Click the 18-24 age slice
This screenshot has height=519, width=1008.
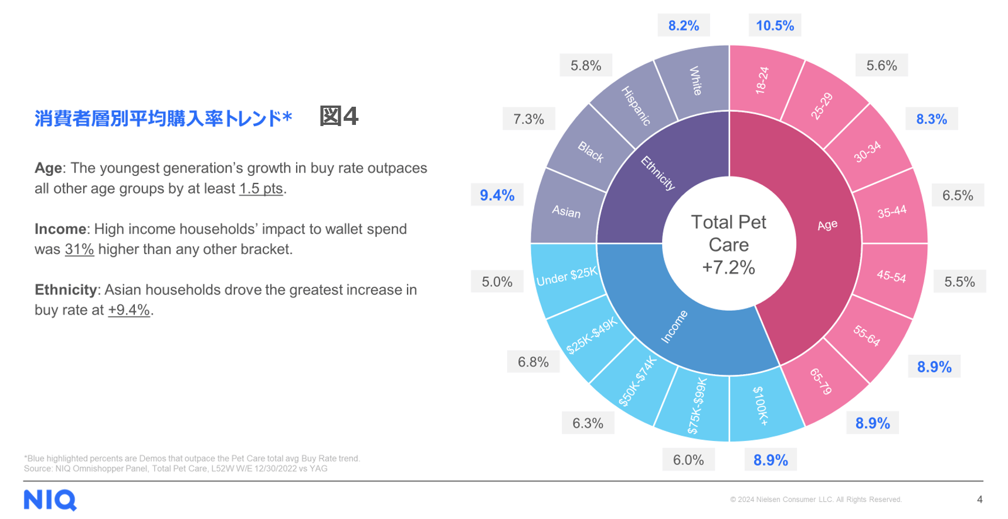click(x=762, y=80)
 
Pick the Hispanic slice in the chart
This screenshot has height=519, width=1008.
click(x=636, y=106)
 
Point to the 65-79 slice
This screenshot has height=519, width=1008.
click(x=821, y=382)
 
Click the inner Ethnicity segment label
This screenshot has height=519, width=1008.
click(x=657, y=173)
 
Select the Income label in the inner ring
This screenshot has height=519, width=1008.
click(x=674, y=327)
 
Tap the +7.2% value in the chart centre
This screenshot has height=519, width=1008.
click(x=728, y=267)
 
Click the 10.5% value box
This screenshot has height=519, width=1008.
click(x=775, y=26)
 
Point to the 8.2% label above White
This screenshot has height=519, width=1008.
click(x=684, y=26)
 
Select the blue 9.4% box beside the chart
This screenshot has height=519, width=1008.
click(x=497, y=195)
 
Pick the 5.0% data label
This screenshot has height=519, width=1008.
click(x=497, y=282)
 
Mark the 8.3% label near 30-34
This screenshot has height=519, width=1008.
click(x=932, y=120)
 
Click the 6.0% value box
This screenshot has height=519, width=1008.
click(x=688, y=460)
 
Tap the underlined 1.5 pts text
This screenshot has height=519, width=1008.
click(x=261, y=189)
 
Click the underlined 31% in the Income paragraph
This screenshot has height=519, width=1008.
click(x=79, y=249)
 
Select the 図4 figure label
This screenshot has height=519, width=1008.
click(x=338, y=116)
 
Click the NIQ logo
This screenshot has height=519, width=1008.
click(x=50, y=500)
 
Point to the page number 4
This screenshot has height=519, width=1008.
click(x=979, y=500)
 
